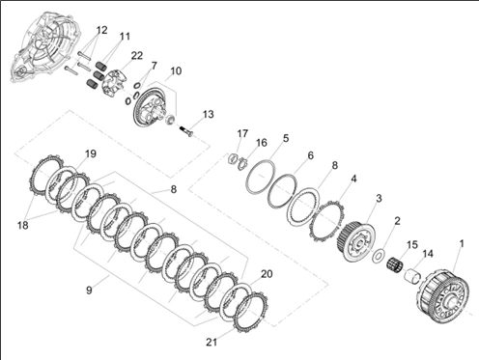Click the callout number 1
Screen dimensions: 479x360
(462, 243)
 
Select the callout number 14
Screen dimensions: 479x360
(428, 254)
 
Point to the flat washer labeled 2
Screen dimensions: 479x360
(378, 257)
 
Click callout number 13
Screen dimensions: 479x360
(208, 114)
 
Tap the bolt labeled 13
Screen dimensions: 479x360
(186, 131)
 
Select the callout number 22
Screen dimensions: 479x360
(136, 55)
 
